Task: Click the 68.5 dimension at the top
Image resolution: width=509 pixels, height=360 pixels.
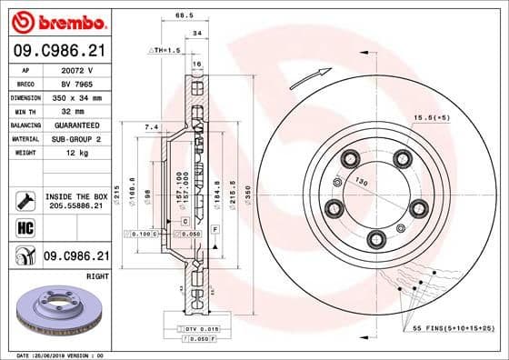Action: click(185, 15)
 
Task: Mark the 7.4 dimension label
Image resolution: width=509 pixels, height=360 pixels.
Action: click(152, 127)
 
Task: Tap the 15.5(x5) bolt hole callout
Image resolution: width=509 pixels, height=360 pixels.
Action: click(433, 118)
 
